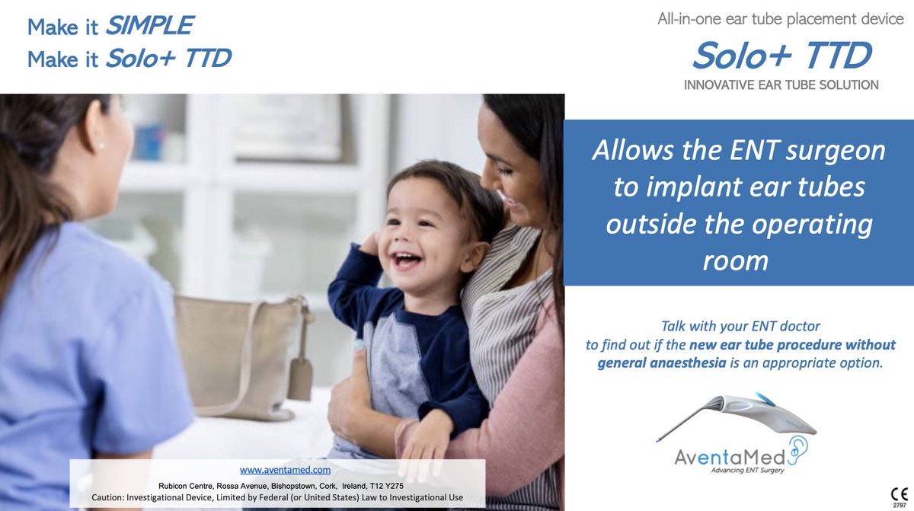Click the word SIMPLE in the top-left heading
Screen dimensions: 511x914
[x=149, y=27]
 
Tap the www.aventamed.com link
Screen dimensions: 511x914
[x=286, y=470]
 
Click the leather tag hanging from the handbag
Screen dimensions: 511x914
[x=300, y=378]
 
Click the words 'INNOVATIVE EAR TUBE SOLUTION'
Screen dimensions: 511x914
[x=781, y=85]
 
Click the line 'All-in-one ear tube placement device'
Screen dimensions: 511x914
[x=781, y=20]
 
